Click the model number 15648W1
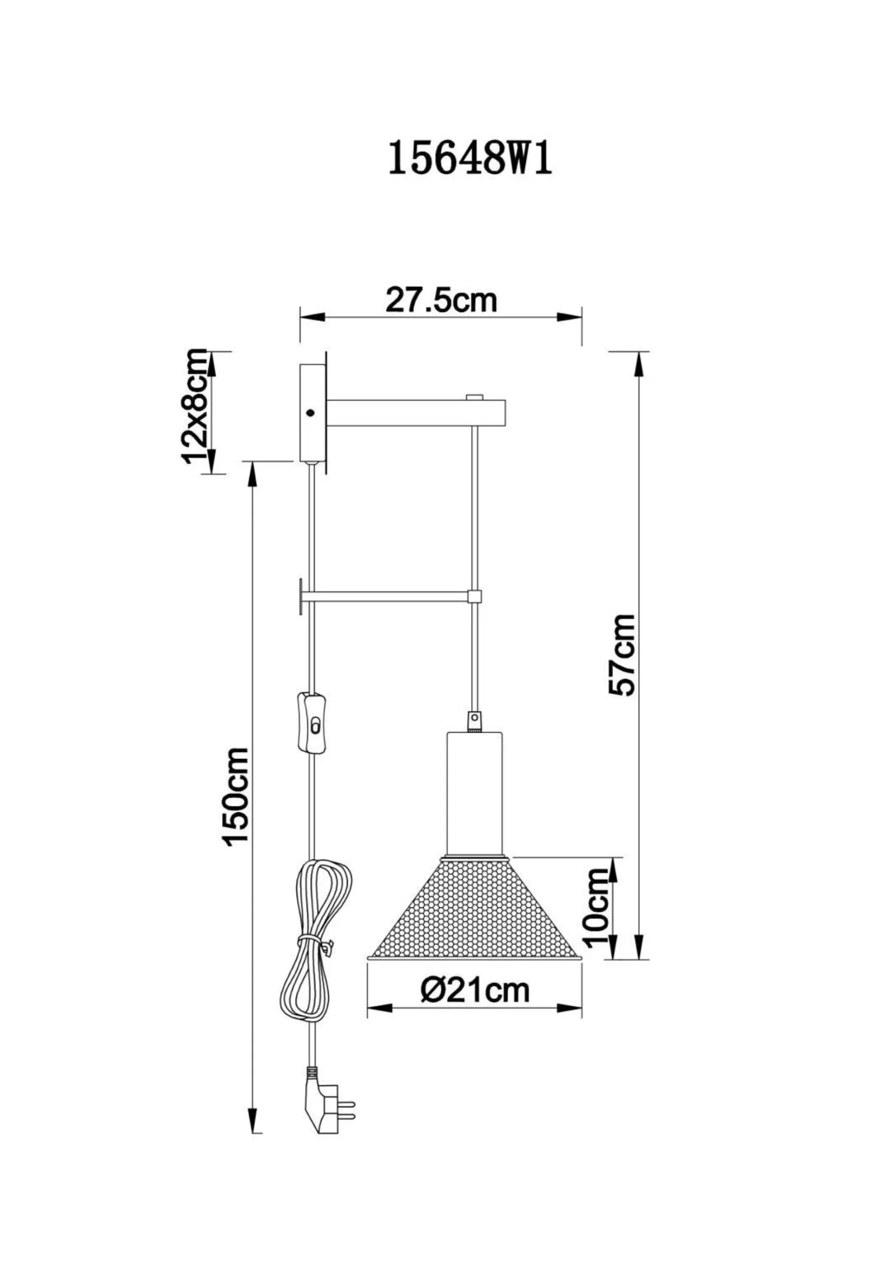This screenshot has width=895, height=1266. [x=470, y=158]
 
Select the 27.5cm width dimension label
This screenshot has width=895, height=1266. [x=441, y=300]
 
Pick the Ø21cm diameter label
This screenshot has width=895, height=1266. [x=475, y=989]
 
